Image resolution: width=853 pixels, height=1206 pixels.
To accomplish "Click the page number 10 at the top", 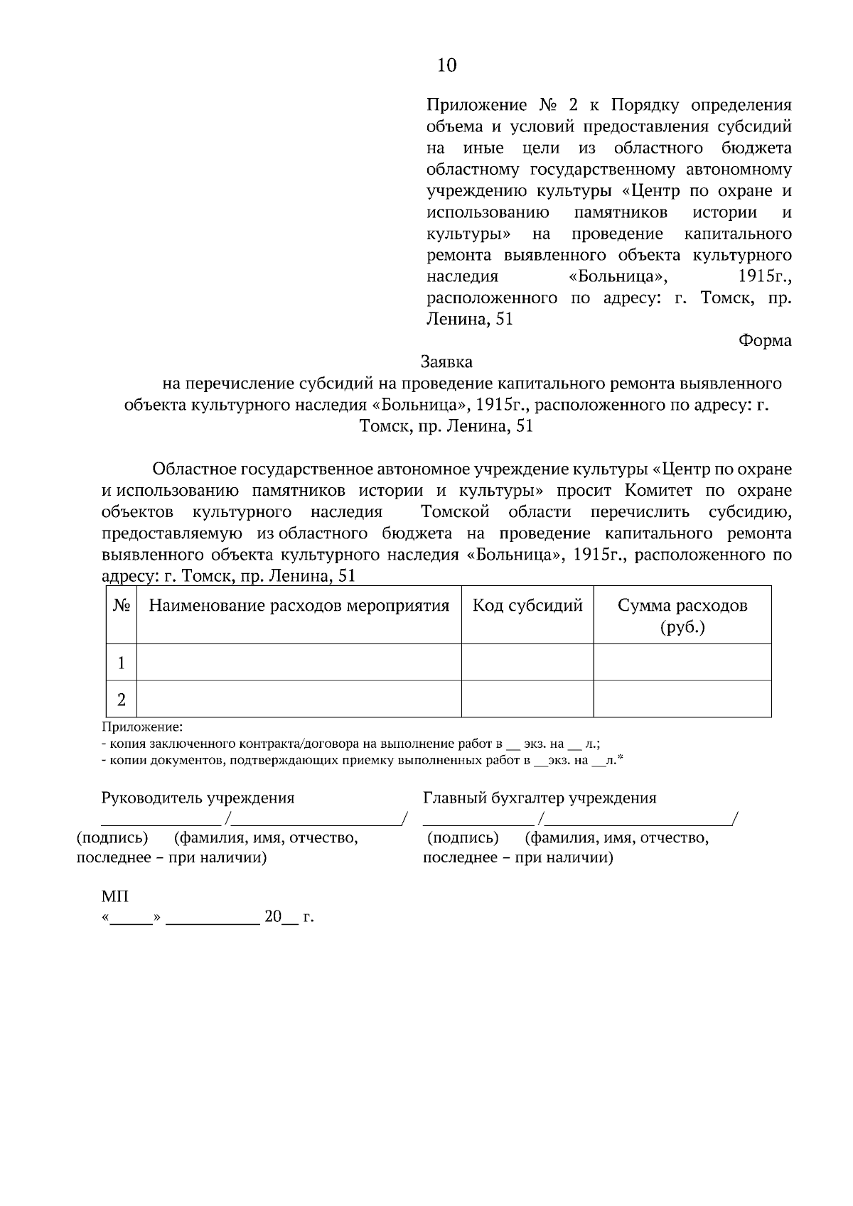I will [447, 66].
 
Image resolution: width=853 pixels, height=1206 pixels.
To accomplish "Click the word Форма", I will [765, 340].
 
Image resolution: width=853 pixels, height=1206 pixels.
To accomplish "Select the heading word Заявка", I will [446, 362].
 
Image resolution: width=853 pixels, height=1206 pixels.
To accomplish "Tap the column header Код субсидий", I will [527, 606].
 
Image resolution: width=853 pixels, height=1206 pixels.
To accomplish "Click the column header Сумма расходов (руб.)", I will [682, 615].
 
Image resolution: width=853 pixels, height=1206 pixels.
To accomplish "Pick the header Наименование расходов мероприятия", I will [299, 606].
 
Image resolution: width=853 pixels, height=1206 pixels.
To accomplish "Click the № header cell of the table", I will [121, 606].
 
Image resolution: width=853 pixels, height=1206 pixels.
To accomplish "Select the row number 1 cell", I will [122, 663].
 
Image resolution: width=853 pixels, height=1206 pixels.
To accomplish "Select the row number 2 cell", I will [122, 700].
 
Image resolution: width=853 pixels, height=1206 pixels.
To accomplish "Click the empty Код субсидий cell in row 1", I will [527, 663].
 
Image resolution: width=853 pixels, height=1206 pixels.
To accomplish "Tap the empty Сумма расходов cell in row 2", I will [682, 700].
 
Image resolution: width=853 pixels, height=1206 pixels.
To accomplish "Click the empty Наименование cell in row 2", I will [299, 700].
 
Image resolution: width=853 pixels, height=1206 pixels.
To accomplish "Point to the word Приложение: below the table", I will [142, 727].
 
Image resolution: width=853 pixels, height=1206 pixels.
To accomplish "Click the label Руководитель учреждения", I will [198, 798].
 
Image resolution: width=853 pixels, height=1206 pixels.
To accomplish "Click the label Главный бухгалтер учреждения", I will [540, 798].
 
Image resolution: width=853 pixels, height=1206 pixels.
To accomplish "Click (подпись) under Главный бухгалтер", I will [463, 838].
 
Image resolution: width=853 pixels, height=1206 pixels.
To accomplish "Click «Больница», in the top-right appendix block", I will [616, 276].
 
